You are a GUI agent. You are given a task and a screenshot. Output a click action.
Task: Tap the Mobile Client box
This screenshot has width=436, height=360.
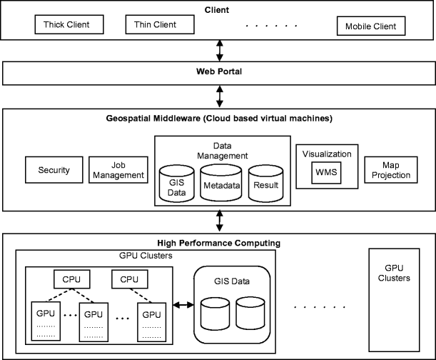(x=371, y=27)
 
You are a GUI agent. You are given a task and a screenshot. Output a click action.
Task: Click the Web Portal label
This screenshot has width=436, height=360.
(x=218, y=72)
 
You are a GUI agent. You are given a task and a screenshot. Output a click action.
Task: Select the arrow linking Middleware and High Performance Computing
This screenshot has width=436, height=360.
(x=218, y=221)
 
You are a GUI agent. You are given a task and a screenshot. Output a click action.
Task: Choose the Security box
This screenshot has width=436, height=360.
(x=54, y=170)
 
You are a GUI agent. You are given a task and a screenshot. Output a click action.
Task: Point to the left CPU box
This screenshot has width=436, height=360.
(x=71, y=279)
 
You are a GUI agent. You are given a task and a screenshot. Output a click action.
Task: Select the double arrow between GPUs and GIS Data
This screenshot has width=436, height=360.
(x=181, y=306)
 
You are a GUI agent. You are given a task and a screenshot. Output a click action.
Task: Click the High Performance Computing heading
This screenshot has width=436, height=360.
(x=218, y=243)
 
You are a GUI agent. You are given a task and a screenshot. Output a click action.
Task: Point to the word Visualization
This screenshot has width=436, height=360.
(x=327, y=153)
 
